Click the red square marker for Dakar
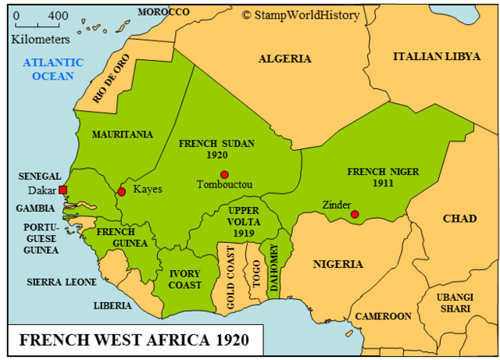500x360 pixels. coord(63,190)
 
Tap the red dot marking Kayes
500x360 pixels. coord(121,191)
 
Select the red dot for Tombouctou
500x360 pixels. coord(224,174)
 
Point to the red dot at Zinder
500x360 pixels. coord(355,214)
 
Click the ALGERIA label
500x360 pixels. coord(284,59)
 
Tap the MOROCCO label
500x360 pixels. coord(163,12)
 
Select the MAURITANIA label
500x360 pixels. coord(123,134)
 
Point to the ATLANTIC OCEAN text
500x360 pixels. coord(53,70)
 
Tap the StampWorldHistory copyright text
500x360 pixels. coord(301,14)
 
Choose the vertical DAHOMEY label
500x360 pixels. coord(274,269)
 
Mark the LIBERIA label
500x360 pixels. coord(112,305)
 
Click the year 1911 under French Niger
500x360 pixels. coord(383,184)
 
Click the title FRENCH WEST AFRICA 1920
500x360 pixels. coord(134,341)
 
